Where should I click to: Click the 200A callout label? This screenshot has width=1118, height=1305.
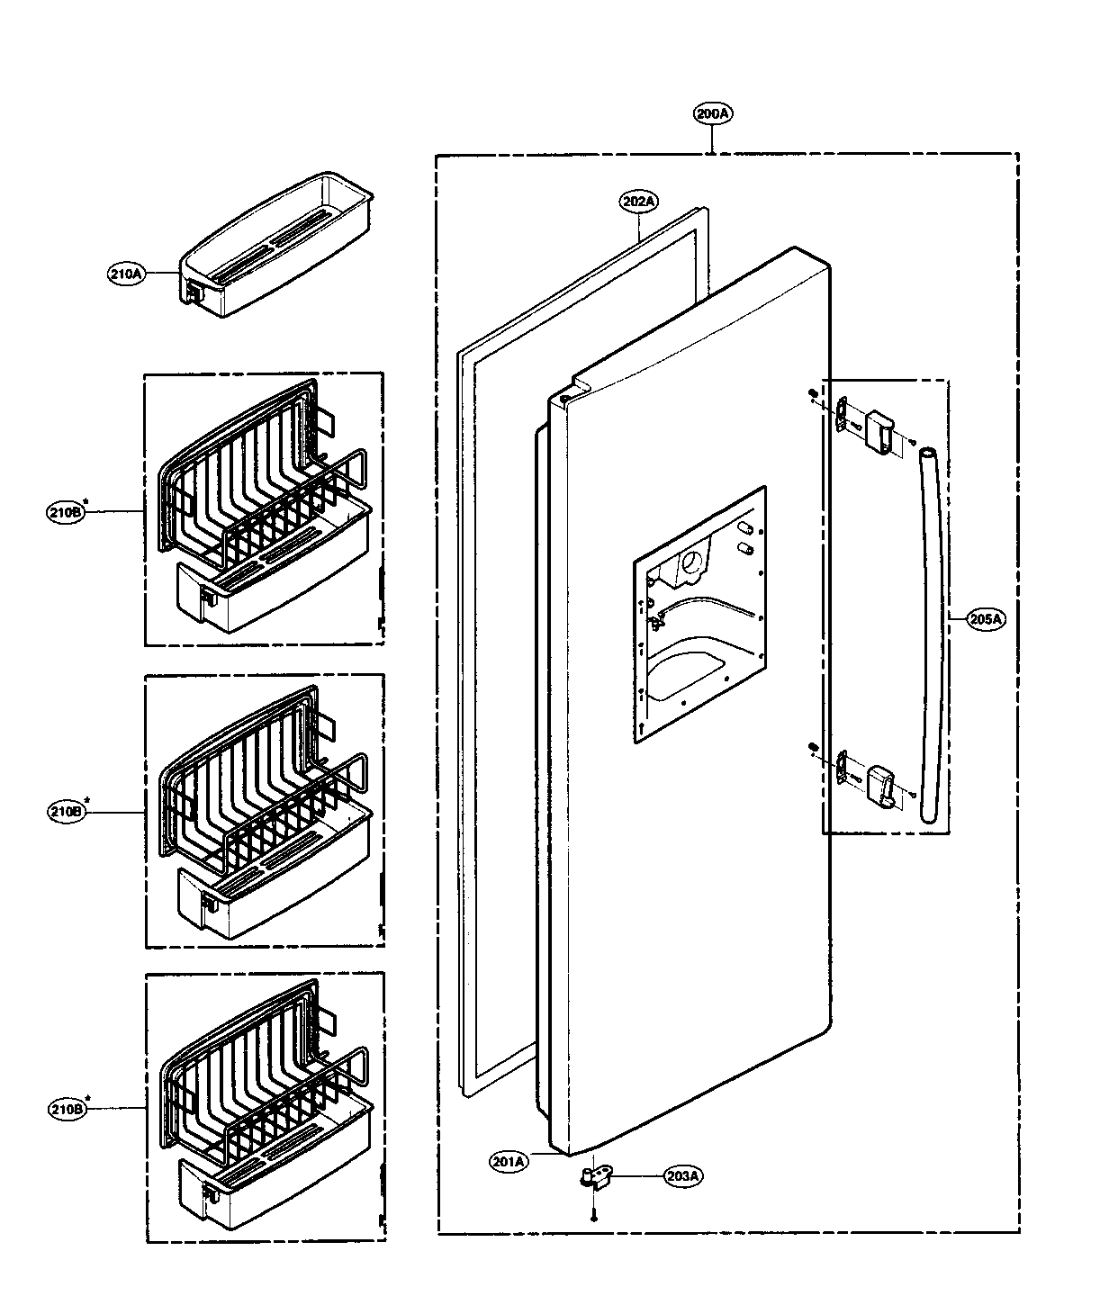pyautogui.click(x=713, y=114)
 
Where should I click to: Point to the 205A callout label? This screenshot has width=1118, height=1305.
pyautogui.click(x=986, y=618)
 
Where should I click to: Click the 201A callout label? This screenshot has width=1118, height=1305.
pyautogui.click(x=509, y=1162)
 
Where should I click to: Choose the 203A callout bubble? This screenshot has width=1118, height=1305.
pyautogui.click(x=684, y=1175)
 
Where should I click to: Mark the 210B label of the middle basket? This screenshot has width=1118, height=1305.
pyautogui.click(x=65, y=812)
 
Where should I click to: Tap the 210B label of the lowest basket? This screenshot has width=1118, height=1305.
pyautogui.click(x=65, y=1110)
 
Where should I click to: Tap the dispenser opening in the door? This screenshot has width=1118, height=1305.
pyautogui.click(x=699, y=616)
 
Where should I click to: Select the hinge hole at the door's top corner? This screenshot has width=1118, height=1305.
pyautogui.click(x=563, y=396)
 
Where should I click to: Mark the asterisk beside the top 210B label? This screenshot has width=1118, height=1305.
pyautogui.click(x=86, y=500)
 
